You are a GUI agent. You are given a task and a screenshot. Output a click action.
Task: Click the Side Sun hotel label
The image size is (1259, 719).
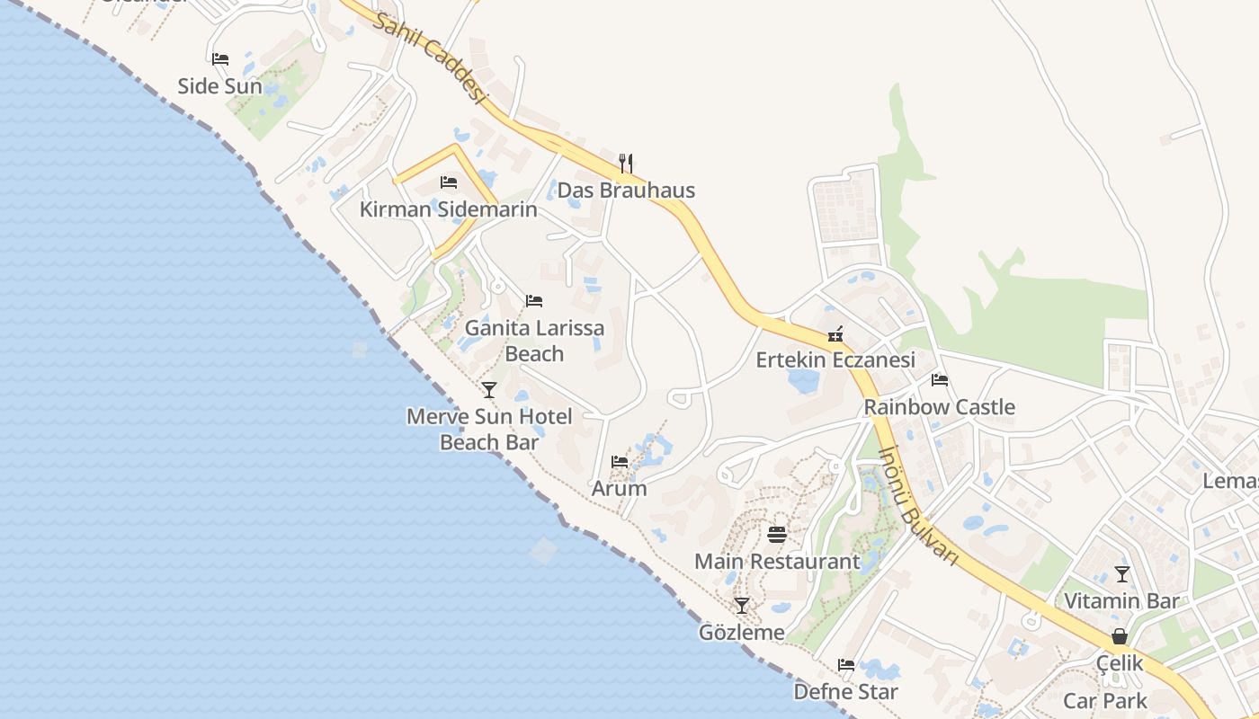point(219,86)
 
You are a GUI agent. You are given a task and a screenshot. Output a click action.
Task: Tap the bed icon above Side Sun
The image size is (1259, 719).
point(220,59)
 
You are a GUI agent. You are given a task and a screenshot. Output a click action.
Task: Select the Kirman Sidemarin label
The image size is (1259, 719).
point(448,209)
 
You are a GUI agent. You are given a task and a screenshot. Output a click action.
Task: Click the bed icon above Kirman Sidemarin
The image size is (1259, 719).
point(449,182)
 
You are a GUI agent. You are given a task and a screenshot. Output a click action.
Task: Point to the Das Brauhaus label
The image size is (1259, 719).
point(626,191)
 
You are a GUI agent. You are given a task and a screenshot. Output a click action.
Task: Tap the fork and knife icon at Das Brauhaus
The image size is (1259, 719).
point(626,163)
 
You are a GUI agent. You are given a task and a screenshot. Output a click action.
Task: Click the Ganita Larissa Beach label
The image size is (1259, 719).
point(534,341)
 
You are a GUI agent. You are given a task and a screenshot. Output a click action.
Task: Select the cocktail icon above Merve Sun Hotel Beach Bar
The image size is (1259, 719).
point(489,389)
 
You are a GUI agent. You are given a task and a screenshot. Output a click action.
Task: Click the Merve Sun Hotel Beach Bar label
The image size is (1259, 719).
point(489,429)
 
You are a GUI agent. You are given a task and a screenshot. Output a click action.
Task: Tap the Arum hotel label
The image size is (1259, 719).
point(619,489)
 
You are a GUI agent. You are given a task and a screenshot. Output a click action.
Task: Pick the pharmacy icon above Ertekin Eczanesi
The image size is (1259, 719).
point(835,334)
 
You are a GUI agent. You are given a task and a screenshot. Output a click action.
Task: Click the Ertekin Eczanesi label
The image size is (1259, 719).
point(835,360)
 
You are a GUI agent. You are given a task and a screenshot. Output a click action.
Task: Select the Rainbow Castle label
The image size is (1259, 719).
point(939,407)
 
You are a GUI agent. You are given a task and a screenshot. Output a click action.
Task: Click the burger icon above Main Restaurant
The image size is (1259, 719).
point(777,535)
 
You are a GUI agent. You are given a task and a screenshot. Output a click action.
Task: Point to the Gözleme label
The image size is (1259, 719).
point(742,633)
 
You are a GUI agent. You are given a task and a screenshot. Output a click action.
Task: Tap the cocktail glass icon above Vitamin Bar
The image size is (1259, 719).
point(1121,573)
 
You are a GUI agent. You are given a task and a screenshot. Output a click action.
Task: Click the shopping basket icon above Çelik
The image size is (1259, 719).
point(1120,636)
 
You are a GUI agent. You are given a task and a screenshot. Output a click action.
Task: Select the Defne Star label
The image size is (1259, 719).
point(845,692)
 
